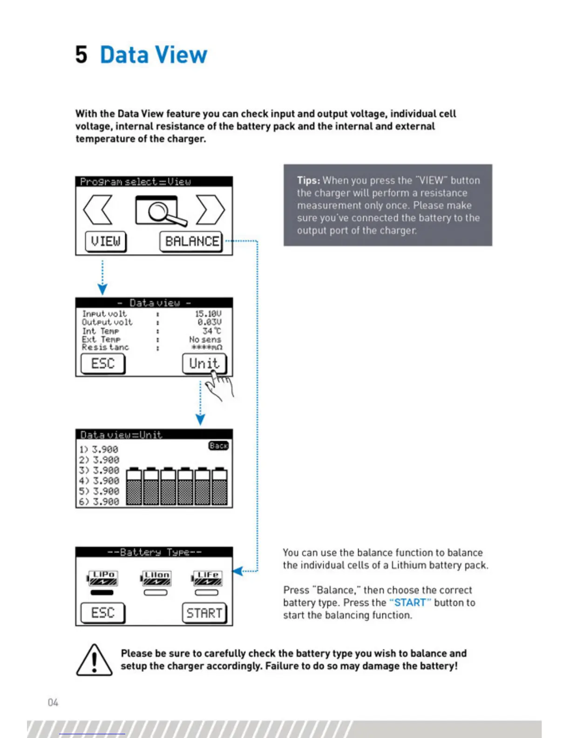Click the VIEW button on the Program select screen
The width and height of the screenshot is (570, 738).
click(106, 241)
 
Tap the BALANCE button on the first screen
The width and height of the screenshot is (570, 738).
click(191, 241)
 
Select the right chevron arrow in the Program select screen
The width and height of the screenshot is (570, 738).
click(210, 210)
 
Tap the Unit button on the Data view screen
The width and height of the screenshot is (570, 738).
click(204, 363)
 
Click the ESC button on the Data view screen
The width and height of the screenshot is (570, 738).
click(103, 363)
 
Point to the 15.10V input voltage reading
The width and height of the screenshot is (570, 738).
click(208, 314)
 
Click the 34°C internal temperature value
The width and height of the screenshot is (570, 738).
click(212, 331)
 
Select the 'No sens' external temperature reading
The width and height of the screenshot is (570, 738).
click(205, 339)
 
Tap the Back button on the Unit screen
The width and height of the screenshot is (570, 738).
click(218, 446)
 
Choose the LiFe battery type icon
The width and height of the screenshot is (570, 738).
click(207, 578)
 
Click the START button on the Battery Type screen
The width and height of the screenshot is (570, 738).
click(204, 613)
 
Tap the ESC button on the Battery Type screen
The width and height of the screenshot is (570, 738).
click(103, 613)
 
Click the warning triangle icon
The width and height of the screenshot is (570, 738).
click(94, 660)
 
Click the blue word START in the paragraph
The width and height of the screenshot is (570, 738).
click(410, 602)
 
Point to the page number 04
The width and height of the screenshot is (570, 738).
click(53, 702)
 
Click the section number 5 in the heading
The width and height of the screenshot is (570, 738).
click(81, 55)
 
